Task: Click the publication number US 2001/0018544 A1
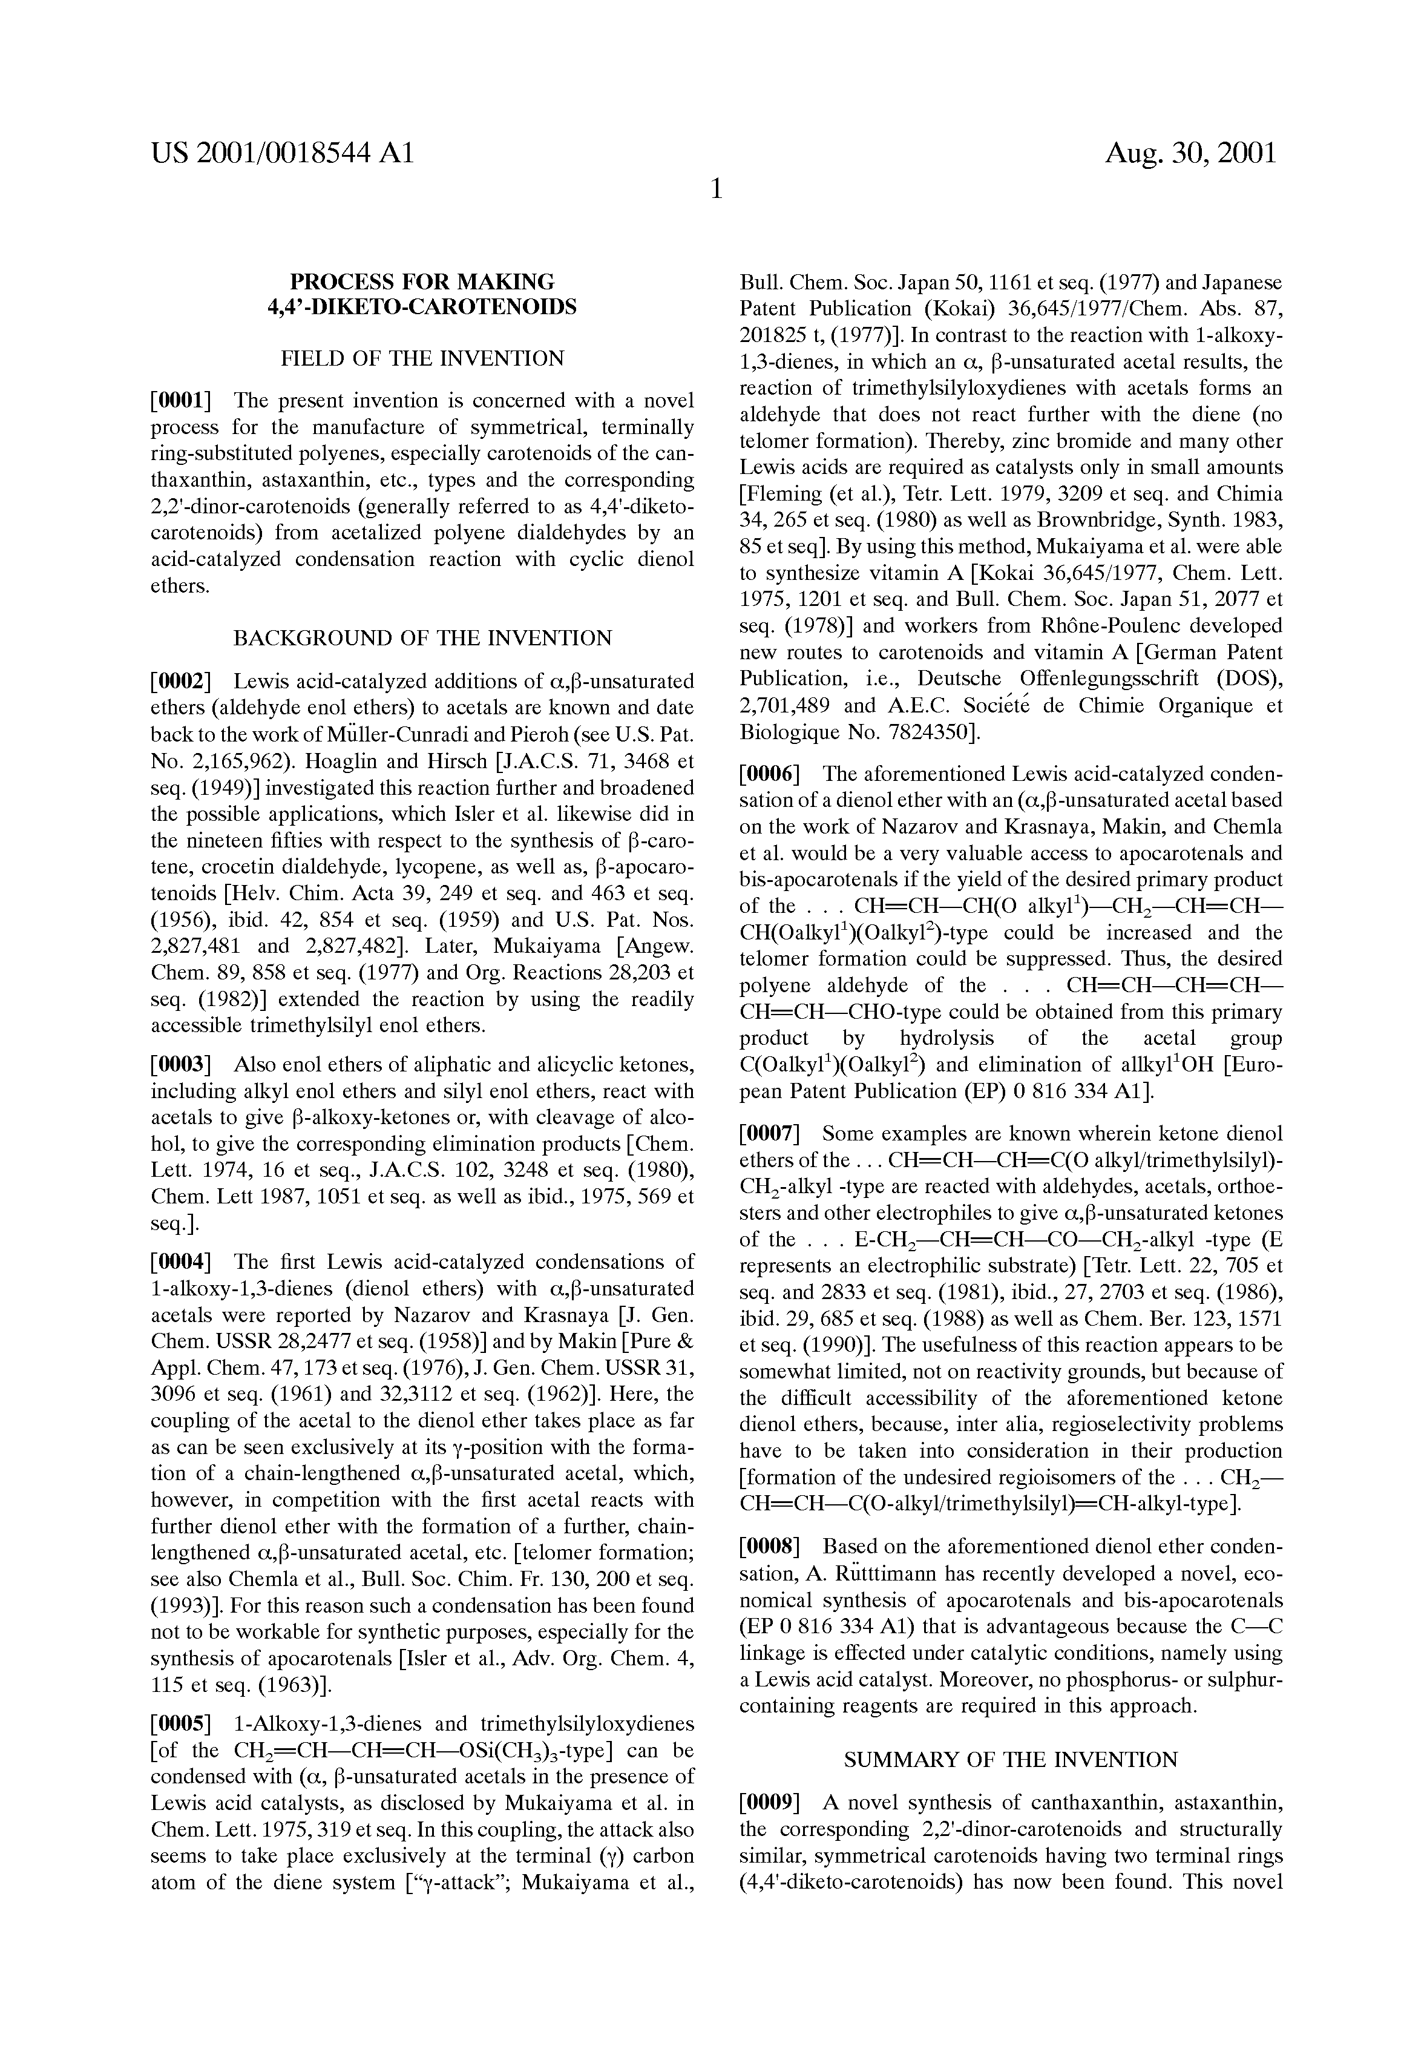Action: (282, 154)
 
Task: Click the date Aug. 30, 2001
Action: (1190, 154)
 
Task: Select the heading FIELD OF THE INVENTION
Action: (422, 358)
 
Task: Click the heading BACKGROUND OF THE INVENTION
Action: (422, 638)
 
